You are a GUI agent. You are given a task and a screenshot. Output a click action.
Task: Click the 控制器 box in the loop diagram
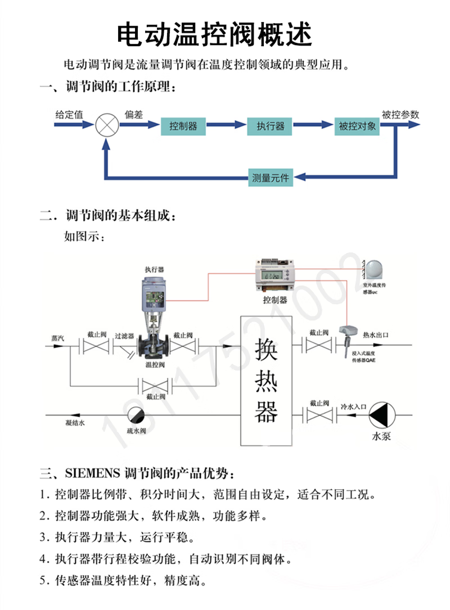tap(183, 126)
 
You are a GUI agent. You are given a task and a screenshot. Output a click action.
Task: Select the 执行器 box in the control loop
tap(271, 126)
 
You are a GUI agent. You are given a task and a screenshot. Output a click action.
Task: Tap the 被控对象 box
tap(357, 126)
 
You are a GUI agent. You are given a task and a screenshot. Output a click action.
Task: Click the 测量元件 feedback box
tap(271, 178)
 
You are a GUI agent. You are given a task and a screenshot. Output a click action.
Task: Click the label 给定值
tap(69, 115)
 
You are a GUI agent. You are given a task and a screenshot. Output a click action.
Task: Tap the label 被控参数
tap(400, 115)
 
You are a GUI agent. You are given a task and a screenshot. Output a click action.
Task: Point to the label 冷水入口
tap(353, 406)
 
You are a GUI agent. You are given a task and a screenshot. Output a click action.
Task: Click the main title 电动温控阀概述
tap(214, 35)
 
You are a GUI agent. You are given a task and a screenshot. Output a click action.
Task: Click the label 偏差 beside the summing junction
tap(133, 115)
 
